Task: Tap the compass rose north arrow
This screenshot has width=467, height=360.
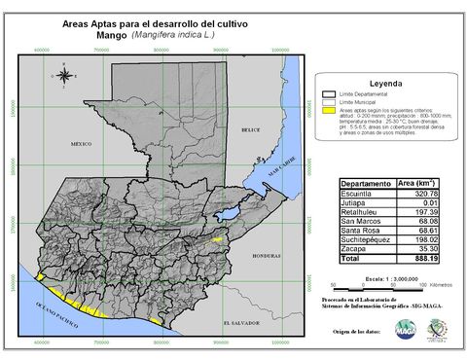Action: tap(63, 75)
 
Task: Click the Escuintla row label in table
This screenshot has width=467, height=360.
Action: tap(358, 194)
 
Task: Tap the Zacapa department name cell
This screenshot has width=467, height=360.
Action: tap(354, 250)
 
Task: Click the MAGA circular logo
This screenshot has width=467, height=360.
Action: tap(377, 334)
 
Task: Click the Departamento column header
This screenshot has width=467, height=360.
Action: tap(366, 183)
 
